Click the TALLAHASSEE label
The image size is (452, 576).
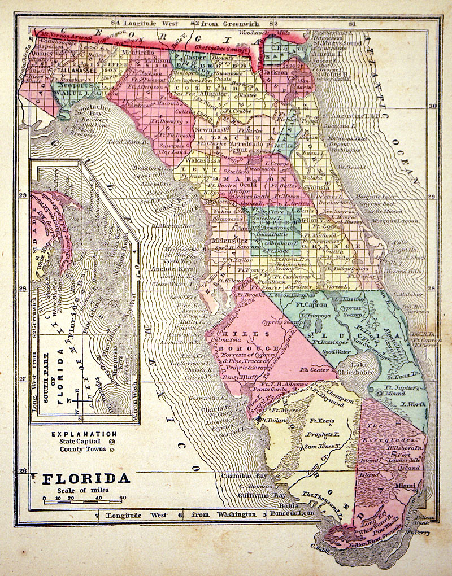tap(77, 72)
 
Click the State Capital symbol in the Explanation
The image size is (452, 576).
tap(111, 442)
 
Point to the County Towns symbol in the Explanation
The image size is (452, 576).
tap(111, 450)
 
